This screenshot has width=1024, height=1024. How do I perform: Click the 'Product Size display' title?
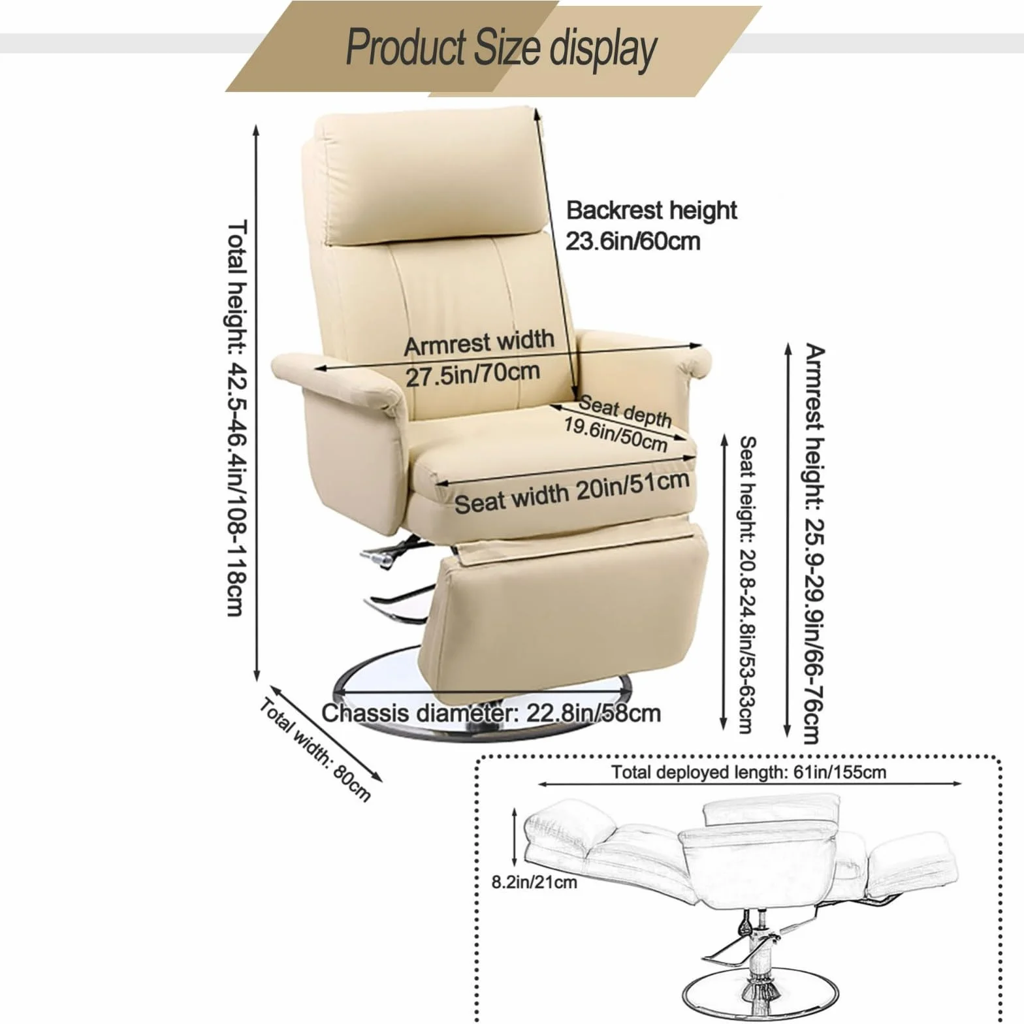tap(501, 48)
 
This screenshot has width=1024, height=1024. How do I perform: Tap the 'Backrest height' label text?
tap(651, 210)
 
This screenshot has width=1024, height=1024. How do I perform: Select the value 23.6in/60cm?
tap(632, 242)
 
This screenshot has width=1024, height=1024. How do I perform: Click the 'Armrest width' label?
tap(479, 343)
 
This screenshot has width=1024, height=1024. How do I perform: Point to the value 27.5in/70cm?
tap(473, 374)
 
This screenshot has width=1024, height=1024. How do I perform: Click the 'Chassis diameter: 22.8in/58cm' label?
tap(491, 712)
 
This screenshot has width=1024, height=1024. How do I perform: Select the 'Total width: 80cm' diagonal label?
tap(315, 750)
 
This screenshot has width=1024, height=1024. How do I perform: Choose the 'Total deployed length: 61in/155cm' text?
tap(748, 772)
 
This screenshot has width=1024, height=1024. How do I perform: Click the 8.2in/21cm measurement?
tap(534, 882)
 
